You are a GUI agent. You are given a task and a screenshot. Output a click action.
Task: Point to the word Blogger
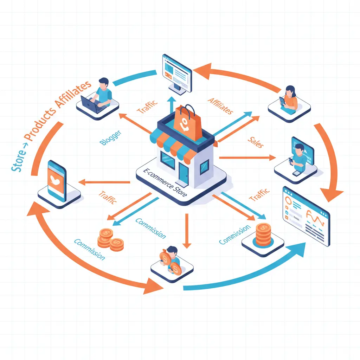(110, 137)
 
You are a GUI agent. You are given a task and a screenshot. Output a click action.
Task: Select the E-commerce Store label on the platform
(165, 183)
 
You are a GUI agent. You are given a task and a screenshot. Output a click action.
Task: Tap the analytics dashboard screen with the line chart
(306, 214)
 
